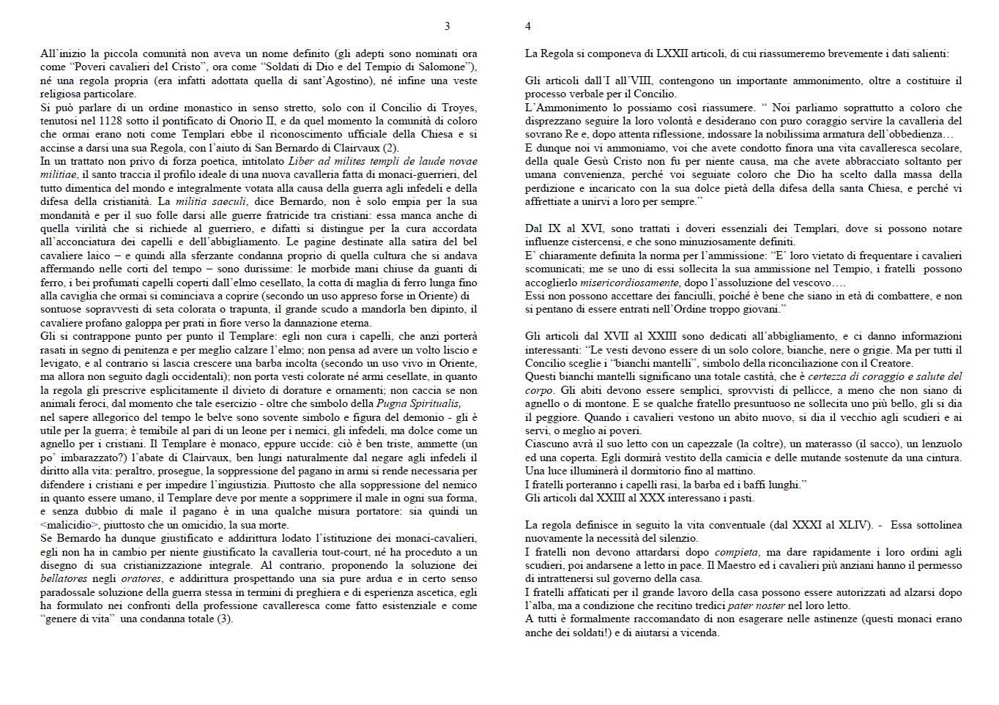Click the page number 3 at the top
pyautogui.click(x=447, y=26)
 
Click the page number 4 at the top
pyautogui.click(x=527, y=26)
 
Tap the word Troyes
pyautogui.click(x=458, y=108)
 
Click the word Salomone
pyautogui.click(x=443, y=67)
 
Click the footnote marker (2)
pyautogui.click(x=391, y=148)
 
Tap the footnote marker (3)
pyautogui.click(x=224, y=619)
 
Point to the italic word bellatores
pyautogui.click(x=64, y=578)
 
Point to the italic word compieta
pyautogui.click(x=736, y=552)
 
